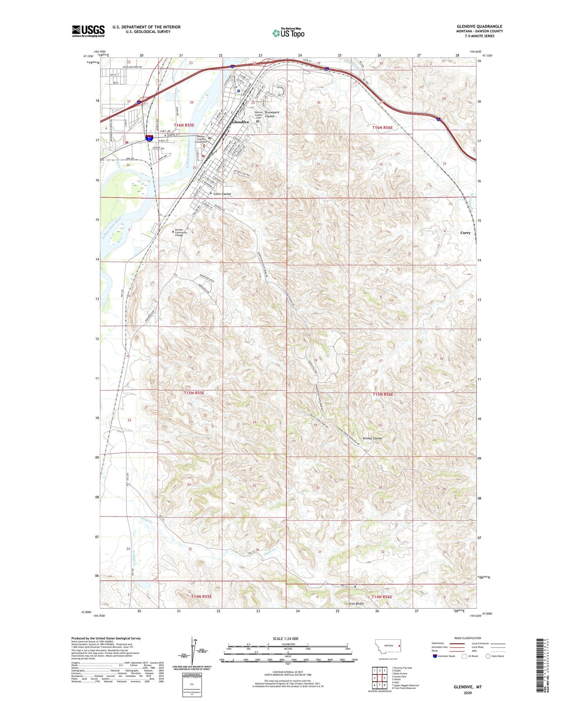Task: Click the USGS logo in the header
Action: coord(88,31)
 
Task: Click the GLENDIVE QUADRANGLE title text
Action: coord(479,26)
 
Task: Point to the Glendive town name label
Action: coord(240,122)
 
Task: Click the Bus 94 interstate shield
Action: coord(149,138)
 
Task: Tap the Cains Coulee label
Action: coord(222,194)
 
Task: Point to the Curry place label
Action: coord(465,233)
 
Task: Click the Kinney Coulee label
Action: coord(372,438)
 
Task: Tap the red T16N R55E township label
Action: coord(184,125)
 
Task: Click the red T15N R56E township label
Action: coord(383,394)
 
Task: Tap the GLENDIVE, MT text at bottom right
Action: coord(468,687)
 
